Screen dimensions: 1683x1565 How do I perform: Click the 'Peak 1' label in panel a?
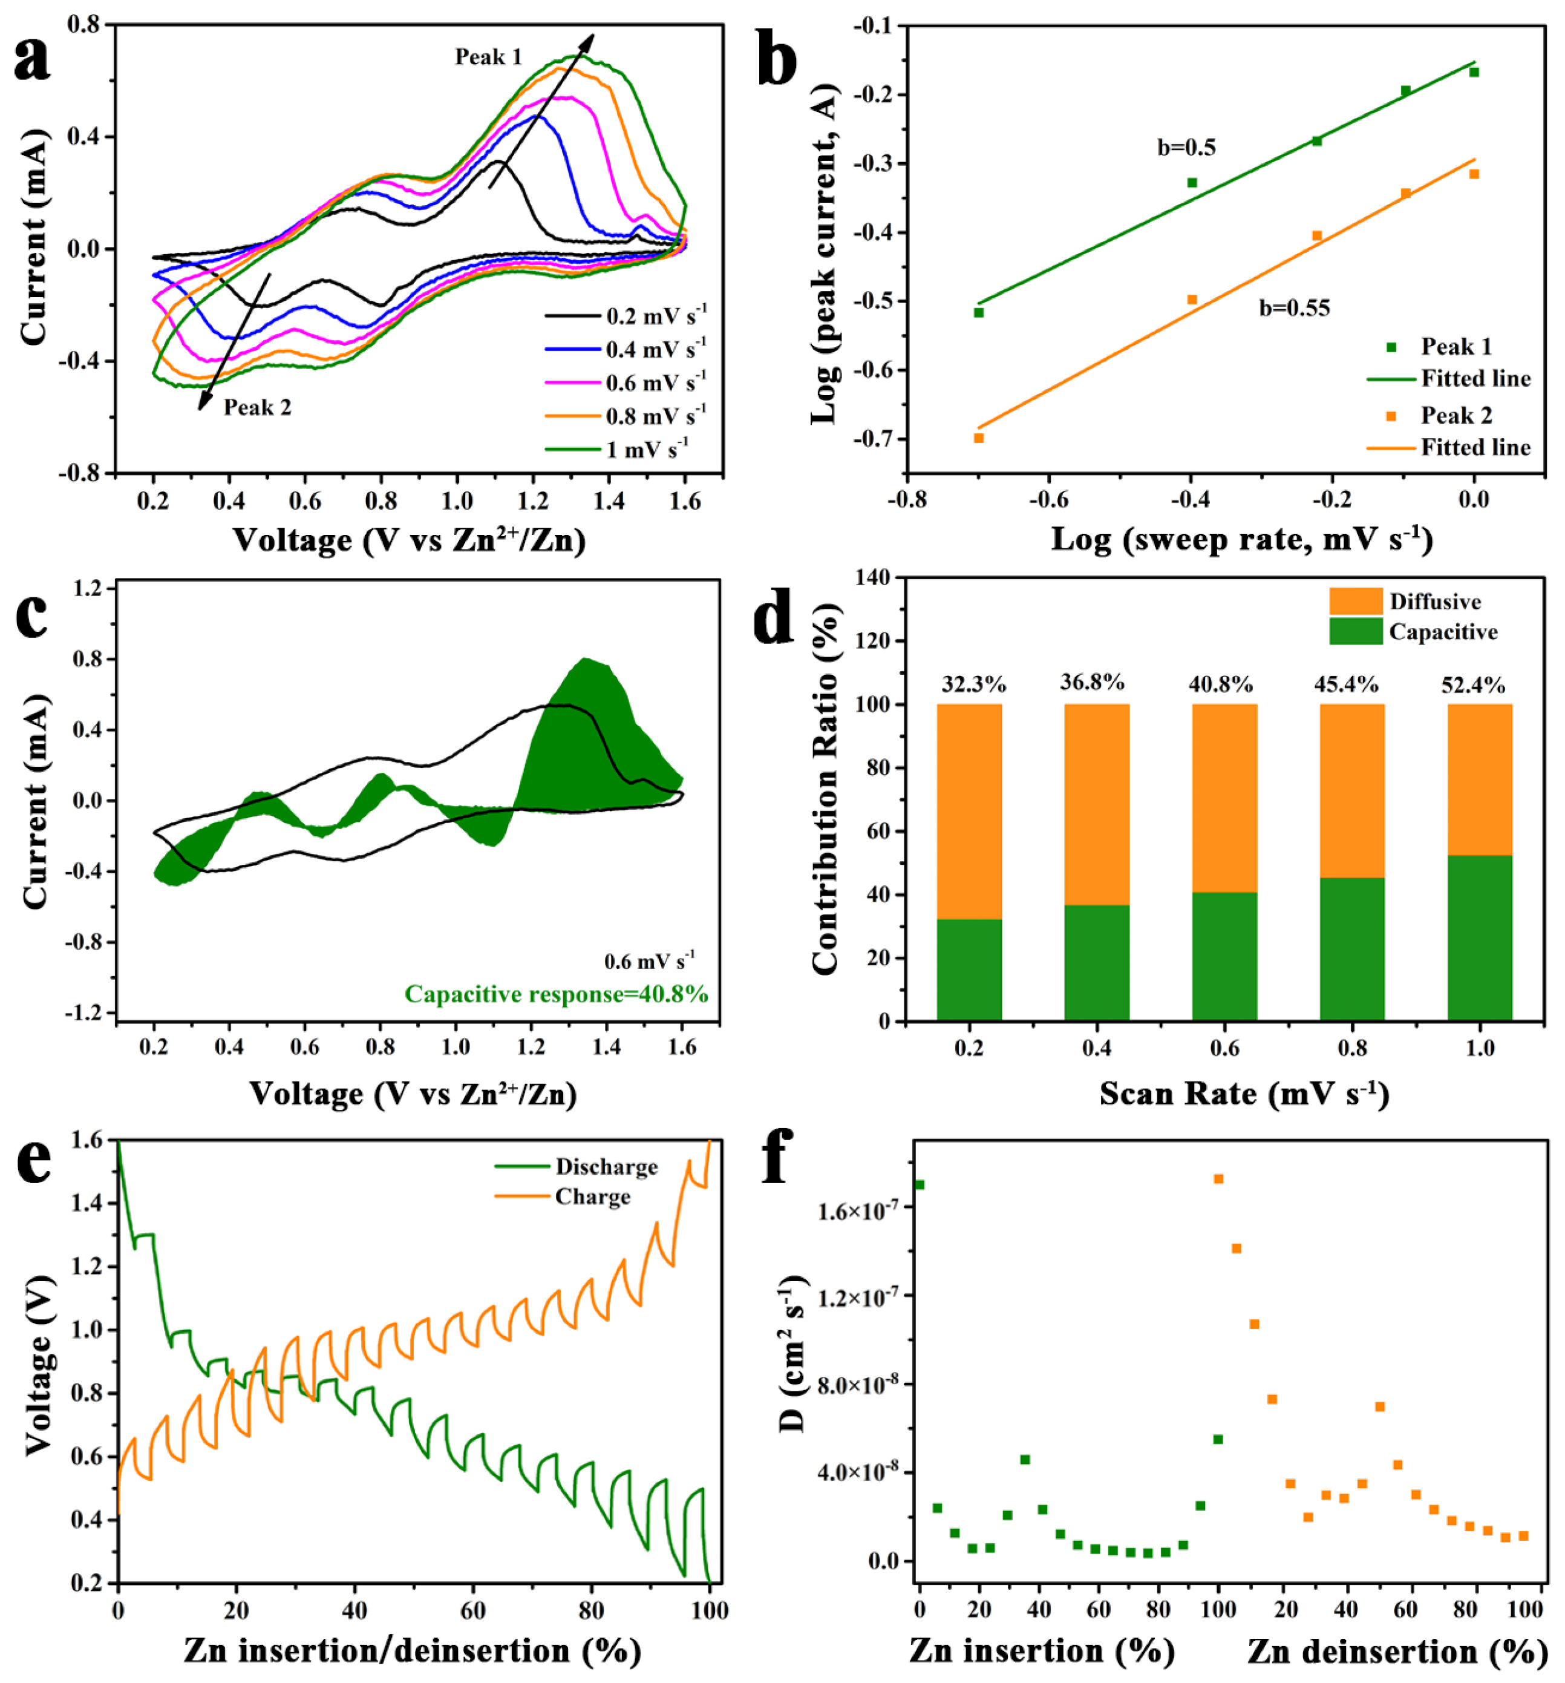pos(488,57)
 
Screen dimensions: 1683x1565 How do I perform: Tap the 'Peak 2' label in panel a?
pos(257,408)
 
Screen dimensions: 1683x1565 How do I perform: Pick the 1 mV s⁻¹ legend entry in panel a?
pos(647,450)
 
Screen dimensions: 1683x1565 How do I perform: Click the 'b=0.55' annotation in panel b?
pos(1294,308)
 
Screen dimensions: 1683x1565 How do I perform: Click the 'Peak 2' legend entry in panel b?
pos(1456,416)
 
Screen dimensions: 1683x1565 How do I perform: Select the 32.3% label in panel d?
pos(973,684)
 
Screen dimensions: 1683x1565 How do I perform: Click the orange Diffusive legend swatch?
pos(1356,601)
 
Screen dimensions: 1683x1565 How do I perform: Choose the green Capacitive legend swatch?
pos(1356,632)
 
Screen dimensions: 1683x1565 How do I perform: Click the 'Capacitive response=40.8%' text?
pos(556,994)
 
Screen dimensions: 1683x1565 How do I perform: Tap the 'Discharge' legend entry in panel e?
pos(606,1167)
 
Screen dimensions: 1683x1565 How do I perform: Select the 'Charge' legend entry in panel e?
pos(592,1197)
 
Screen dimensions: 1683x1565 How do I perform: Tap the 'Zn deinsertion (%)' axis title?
pos(1397,1652)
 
